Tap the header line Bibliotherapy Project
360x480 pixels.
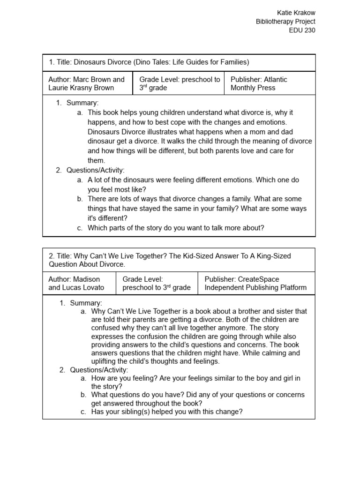[x=285, y=22]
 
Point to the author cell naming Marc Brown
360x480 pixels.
[x=86, y=83]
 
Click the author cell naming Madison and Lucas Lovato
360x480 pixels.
[x=76, y=283]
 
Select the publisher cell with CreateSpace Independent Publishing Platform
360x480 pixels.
[x=255, y=283]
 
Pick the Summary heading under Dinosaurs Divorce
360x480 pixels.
[x=82, y=103]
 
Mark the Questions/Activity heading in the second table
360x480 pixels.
[x=99, y=370]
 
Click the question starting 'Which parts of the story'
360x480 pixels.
[x=176, y=228]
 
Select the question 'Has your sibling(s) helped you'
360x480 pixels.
[x=167, y=412]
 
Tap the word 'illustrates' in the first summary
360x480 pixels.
[x=166, y=132]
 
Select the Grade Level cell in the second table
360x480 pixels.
[x=157, y=283]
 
